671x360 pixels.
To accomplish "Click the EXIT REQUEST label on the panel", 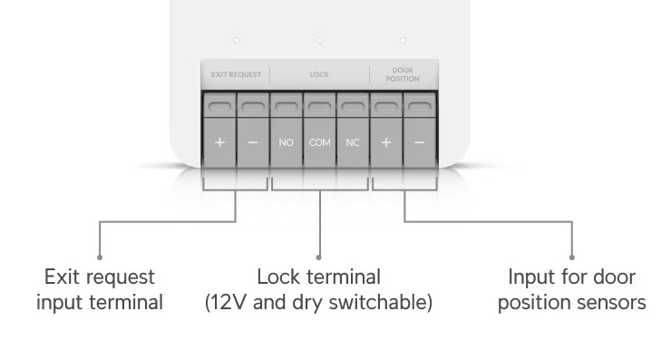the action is click(236, 74).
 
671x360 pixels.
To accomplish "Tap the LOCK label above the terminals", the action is click(319, 74).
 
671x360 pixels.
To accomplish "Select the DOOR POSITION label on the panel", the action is click(403, 74).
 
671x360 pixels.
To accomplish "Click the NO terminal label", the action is click(286, 142).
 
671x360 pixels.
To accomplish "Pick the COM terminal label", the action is click(320, 142).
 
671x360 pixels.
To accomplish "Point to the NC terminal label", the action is click(353, 142).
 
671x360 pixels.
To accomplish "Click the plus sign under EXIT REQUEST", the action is click(219, 142).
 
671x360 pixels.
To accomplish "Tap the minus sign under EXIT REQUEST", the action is click(253, 142).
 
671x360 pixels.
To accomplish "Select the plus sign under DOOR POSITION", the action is click(386, 142).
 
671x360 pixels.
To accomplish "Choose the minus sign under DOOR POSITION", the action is click(419, 142).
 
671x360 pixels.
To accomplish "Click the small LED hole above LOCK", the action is click(319, 40).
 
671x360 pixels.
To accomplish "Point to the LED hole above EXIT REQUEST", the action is click(237, 40).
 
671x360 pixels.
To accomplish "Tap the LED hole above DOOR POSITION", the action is click(403, 40).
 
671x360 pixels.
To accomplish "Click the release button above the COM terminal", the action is click(320, 107).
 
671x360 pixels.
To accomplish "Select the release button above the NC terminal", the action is click(353, 107).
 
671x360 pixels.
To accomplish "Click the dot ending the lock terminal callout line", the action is click(318, 258).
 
